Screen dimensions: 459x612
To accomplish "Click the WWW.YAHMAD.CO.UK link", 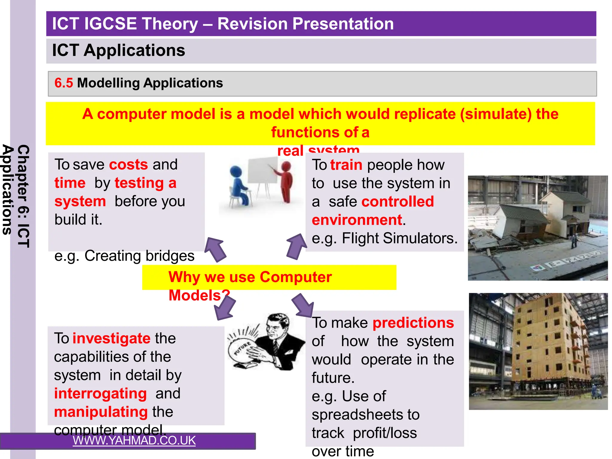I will point(134,440).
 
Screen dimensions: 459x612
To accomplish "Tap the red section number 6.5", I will point(63,83).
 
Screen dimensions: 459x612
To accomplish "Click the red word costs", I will point(128,165).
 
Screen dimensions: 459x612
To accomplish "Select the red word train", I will point(346,165).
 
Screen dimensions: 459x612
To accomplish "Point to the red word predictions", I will point(413,323).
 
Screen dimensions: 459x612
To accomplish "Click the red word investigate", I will point(111,338).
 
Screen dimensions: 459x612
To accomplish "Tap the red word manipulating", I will point(101,412).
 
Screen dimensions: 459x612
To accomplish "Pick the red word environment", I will point(357,220).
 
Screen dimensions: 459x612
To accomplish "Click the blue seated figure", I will point(239,187).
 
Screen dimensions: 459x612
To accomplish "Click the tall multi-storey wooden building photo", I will point(538,351).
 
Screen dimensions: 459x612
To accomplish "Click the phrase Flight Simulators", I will point(400,238).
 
